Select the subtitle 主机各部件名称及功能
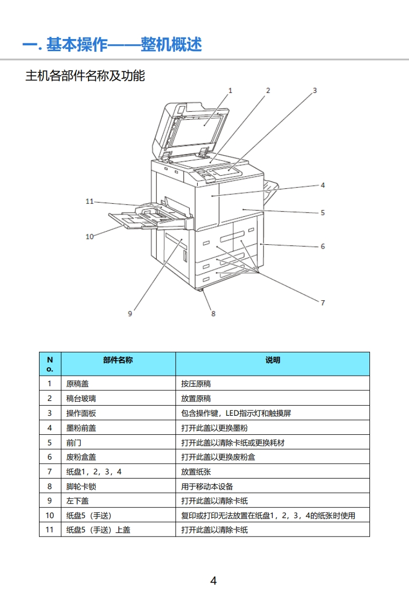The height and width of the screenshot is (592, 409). (x=85, y=76)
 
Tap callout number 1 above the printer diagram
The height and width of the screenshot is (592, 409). (x=230, y=90)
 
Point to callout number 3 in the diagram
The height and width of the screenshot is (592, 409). (x=315, y=90)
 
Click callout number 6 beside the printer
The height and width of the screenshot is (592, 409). (x=323, y=246)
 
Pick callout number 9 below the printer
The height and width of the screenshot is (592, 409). (x=130, y=313)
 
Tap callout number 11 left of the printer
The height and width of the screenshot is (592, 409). (x=90, y=201)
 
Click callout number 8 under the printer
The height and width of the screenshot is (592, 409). (x=213, y=313)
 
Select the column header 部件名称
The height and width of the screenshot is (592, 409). (x=118, y=360)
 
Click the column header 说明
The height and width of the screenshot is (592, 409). (x=272, y=360)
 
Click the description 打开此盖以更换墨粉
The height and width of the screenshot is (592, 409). (x=214, y=428)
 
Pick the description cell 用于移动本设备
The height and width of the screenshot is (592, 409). (x=207, y=486)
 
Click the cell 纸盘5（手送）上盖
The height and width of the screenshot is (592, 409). (x=98, y=530)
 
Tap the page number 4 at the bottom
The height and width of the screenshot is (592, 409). (x=213, y=581)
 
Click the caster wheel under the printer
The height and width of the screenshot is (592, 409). (x=201, y=291)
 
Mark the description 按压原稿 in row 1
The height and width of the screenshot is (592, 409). (x=196, y=384)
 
